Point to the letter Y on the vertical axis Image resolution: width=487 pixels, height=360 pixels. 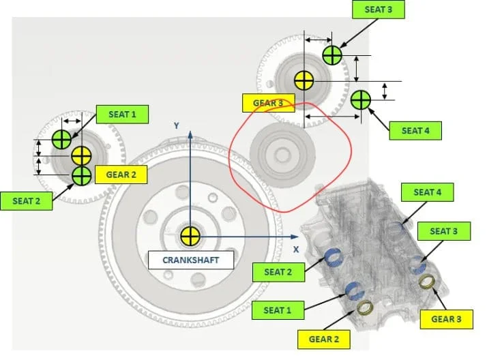click(176, 125)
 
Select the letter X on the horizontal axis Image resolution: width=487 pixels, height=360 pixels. click(295, 250)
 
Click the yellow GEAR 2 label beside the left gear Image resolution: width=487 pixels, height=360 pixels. click(122, 175)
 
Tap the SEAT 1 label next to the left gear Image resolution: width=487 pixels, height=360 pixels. click(122, 114)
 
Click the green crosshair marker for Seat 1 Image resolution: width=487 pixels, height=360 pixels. click(62, 139)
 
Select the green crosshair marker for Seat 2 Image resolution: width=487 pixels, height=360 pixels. click(81, 175)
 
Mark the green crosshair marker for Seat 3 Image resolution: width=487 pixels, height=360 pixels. click(331, 55)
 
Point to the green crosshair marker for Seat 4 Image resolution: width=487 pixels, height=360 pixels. click(360, 100)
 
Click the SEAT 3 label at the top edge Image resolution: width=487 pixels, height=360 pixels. click(377, 10)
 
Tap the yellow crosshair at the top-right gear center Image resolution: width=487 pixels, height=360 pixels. click(304, 80)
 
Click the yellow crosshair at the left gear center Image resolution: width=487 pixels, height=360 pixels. click(81, 155)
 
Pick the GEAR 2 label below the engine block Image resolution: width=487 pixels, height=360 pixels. click(324, 339)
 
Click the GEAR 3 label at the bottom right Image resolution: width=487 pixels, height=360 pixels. click(446, 318)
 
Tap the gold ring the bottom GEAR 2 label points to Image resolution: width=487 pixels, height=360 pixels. click(366, 307)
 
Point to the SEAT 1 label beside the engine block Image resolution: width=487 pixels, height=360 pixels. click(278, 310)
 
